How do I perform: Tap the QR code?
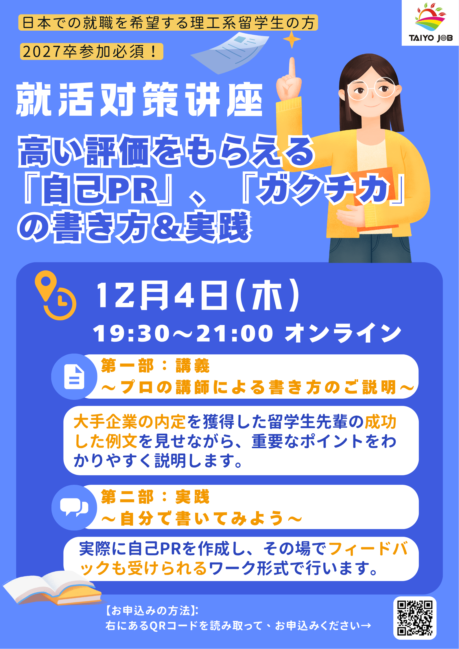pyautogui.click(x=415, y=618)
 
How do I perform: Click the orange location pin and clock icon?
pyautogui.click(x=55, y=295)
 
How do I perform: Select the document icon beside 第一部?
pyautogui.click(x=74, y=377)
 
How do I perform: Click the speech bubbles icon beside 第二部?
pyautogui.click(x=74, y=507)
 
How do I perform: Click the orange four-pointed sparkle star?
pyautogui.click(x=292, y=39)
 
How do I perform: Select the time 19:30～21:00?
pyautogui.click(x=183, y=333)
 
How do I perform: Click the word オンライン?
pyautogui.click(x=343, y=333)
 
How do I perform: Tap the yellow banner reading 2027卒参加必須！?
pyautogui.click(x=92, y=51)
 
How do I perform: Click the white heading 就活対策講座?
pyautogui.click(x=139, y=99)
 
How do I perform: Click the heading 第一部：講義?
pyautogui.click(x=155, y=366)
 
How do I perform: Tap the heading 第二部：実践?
pyautogui.click(x=155, y=497)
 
